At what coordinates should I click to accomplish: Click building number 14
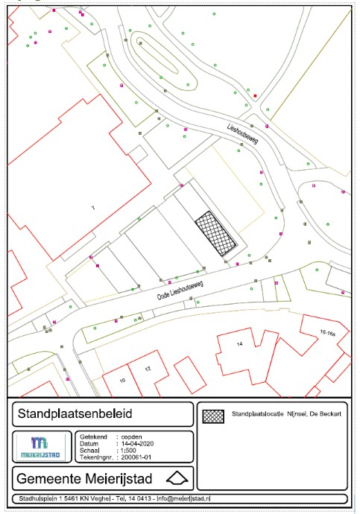[x=240, y=344]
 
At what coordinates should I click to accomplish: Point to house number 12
[x=148, y=369]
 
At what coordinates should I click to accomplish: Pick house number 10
[x=123, y=380]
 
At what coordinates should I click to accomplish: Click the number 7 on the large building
[x=93, y=206]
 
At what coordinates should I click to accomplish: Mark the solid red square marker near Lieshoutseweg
[x=255, y=97]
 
